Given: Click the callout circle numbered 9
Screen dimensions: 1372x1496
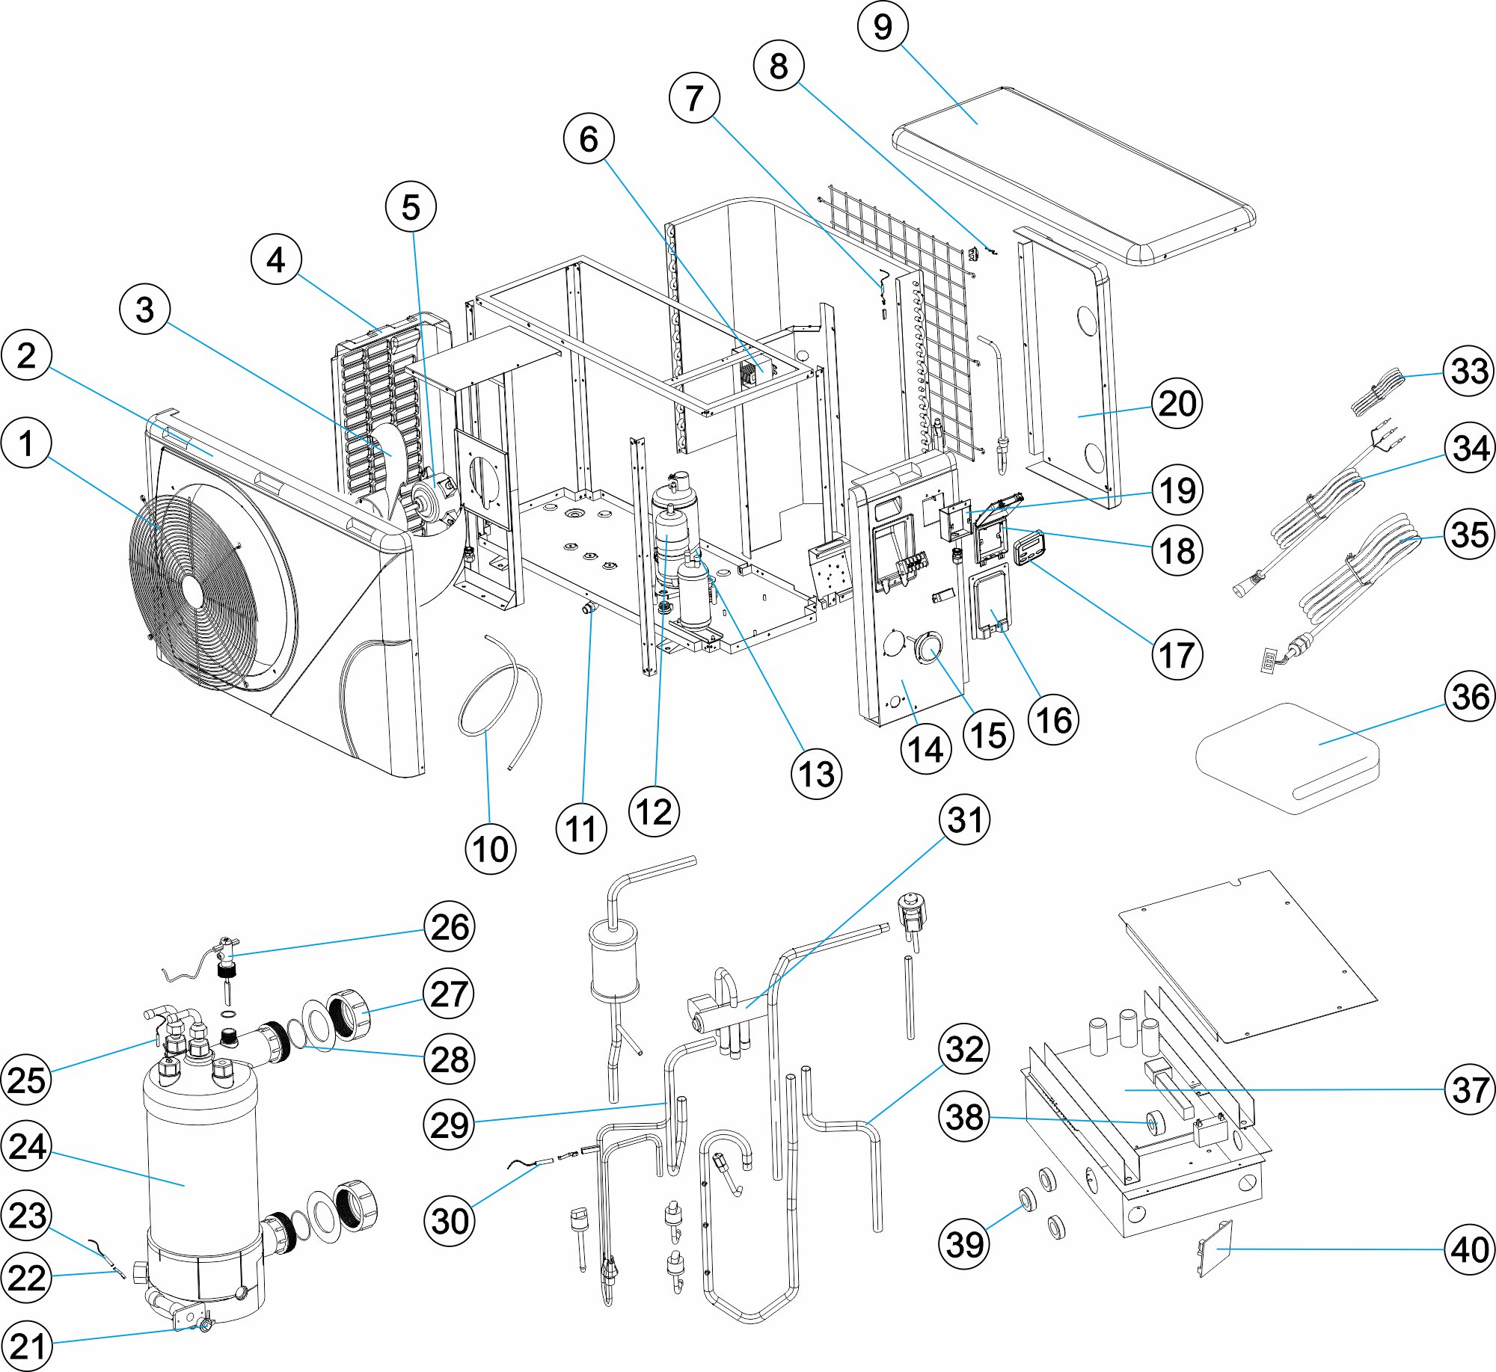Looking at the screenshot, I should coord(883,27).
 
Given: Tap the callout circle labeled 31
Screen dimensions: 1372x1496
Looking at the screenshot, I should coord(965,819).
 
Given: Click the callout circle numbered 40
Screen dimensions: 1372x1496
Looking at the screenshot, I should coord(1469,1249).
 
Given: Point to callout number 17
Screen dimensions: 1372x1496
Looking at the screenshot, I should coord(1177,655).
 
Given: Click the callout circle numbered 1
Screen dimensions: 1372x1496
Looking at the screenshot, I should coord(27,443).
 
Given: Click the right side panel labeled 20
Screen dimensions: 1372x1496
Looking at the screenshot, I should coord(1070,374).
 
